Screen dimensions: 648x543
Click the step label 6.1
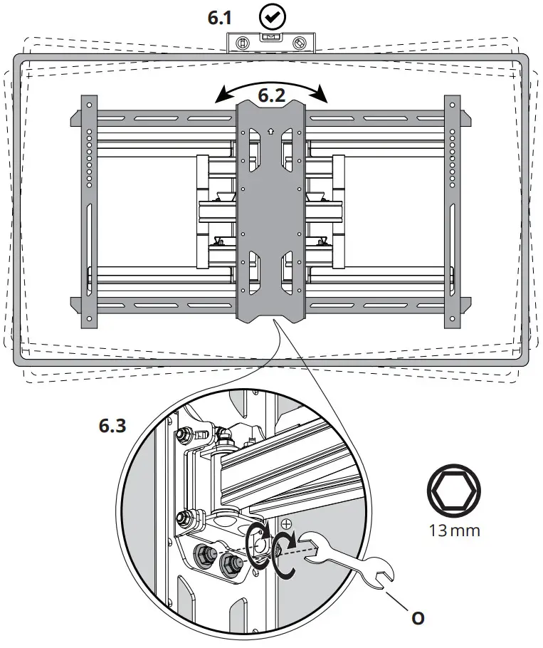point(220,18)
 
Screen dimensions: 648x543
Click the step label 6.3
point(113,426)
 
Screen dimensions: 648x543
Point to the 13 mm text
point(453,530)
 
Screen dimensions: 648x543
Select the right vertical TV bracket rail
point(453,211)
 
